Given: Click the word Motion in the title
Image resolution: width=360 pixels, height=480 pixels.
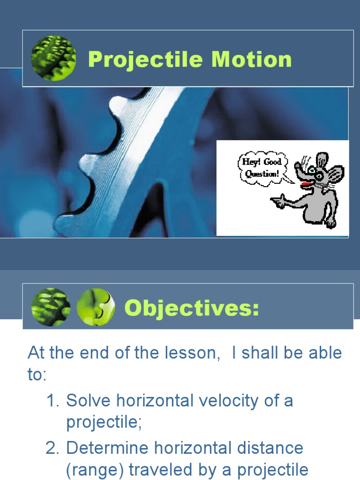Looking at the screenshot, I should (x=251, y=60).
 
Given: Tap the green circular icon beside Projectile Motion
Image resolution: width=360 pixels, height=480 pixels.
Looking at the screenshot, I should (x=53, y=59).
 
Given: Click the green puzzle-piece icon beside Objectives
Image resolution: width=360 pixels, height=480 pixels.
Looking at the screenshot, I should (x=96, y=307).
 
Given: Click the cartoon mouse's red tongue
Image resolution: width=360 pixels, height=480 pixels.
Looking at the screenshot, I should (x=306, y=185).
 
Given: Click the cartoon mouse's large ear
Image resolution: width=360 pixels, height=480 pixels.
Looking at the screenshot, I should (x=336, y=174).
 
